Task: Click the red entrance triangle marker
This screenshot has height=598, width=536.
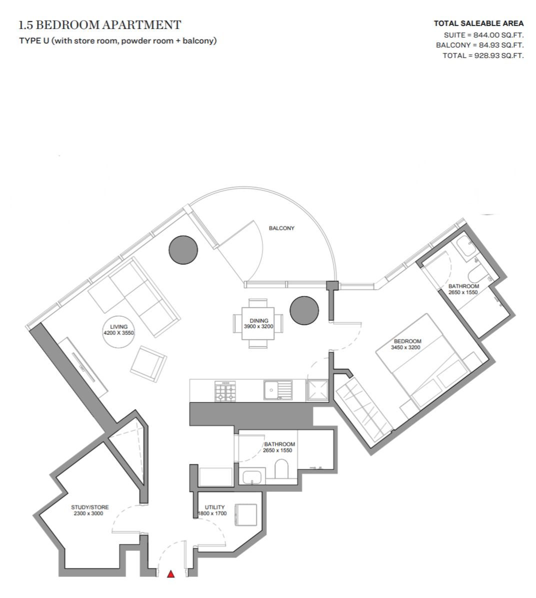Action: tap(170, 573)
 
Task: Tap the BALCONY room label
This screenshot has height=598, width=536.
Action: tap(281, 228)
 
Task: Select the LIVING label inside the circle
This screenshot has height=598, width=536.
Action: tap(119, 327)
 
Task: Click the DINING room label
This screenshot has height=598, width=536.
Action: tap(259, 321)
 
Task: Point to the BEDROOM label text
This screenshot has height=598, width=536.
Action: tap(407, 341)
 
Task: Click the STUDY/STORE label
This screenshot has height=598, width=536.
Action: tap(90, 507)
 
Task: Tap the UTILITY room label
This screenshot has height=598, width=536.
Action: tap(215, 507)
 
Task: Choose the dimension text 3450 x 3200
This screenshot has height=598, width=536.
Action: tap(405, 347)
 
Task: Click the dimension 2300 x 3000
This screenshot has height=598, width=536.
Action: tap(88, 513)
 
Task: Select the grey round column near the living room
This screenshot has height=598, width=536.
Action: tap(183, 250)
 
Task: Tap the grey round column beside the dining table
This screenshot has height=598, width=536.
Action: tap(304, 310)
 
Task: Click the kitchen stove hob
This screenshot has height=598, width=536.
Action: tap(226, 391)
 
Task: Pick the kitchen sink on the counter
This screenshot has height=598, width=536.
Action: tap(277, 390)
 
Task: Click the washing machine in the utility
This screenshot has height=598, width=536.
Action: tap(246, 515)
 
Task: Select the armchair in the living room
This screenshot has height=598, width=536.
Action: tap(148, 364)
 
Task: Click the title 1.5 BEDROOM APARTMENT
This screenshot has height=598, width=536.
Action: tap(100, 25)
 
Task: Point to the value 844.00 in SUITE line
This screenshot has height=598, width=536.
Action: tap(486, 35)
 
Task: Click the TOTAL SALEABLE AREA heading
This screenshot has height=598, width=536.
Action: tap(479, 24)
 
